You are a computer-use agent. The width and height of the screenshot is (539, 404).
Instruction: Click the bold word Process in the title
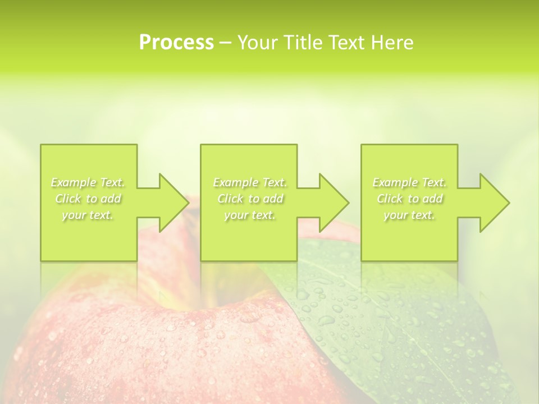tap(176, 43)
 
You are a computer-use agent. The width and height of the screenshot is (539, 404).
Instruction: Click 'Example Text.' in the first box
tap(88, 182)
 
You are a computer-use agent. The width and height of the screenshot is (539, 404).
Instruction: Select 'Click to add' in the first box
tap(88, 199)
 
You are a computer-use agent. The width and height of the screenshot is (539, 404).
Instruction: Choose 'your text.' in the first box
tap(88, 215)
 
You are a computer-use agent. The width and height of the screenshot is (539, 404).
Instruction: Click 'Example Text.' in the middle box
tap(250, 182)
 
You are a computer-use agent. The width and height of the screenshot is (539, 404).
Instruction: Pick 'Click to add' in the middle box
tap(250, 199)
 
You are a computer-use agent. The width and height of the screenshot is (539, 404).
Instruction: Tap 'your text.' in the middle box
tap(250, 215)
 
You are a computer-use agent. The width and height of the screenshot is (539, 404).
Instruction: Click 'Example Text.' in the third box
tap(409, 182)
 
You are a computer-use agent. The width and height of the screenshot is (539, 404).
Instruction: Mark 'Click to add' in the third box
tap(409, 199)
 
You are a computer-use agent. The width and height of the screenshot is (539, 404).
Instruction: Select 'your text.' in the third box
tap(409, 215)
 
